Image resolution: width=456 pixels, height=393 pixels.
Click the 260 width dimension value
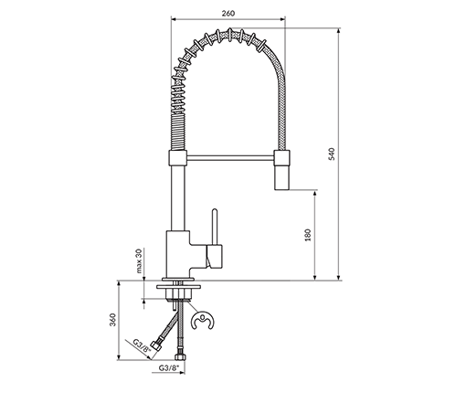click(x=228, y=14)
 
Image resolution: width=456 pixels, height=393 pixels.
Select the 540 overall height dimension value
click(x=332, y=154)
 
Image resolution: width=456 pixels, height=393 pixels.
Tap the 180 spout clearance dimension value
click(x=308, y=235)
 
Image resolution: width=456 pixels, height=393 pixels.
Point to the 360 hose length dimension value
click(x=113, y=320)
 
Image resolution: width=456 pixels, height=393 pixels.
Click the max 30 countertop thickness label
click(x=139, y=260)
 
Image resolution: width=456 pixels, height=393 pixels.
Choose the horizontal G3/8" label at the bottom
click(x=168, y=367)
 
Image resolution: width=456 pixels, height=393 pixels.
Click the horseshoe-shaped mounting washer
click(x=202, y=320)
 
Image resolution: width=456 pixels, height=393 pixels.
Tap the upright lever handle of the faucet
click(x=215, y=227)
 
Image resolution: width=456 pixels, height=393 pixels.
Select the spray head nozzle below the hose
click(x=282, y=177)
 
